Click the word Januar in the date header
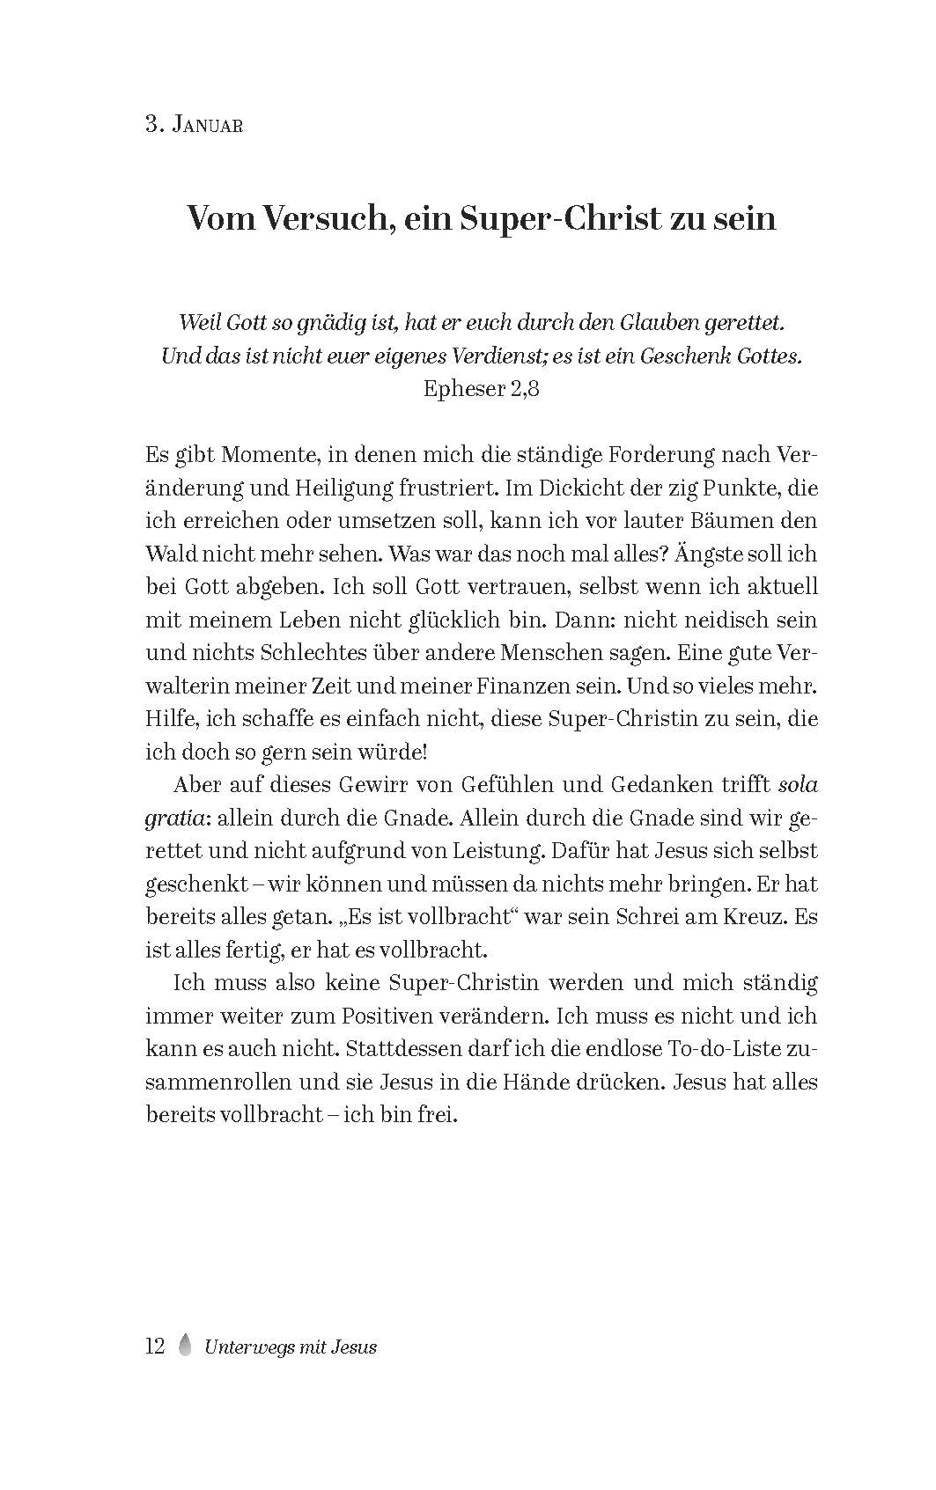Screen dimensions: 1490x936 point(208,125)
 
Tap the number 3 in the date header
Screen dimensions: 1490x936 point(151,125)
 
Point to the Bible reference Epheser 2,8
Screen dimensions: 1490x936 point(481,388)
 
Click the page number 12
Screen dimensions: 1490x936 point(155,1347)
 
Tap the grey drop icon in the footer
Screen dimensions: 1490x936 point(185,1347)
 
